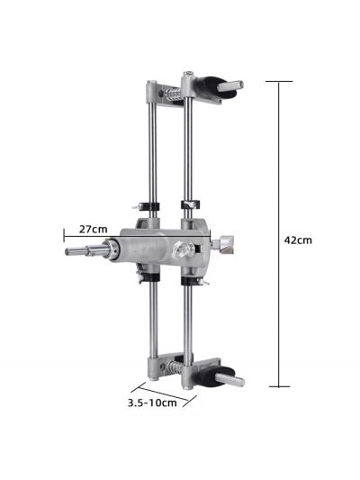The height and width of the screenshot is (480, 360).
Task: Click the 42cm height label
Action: (298, 240)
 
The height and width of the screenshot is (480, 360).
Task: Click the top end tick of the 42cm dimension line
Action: (279, 82)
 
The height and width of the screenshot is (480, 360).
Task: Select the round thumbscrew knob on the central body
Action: (184, 251)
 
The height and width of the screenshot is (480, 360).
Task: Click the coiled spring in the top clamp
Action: (167, 92)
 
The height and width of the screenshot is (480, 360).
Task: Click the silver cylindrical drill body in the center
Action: (144, 251)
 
